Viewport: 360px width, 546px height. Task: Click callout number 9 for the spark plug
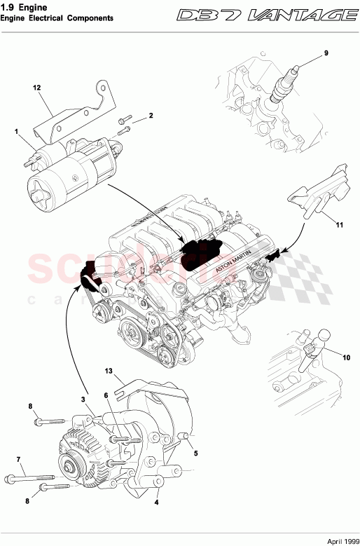(325, 52)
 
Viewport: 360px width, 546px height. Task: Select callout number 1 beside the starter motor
(15, 131)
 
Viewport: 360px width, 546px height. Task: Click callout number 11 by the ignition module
(338, 225)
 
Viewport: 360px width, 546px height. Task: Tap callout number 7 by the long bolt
(18, 459)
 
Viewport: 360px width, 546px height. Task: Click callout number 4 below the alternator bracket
(155, 501)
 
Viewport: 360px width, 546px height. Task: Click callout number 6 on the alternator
(106, 395)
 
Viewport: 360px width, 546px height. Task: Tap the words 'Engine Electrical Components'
(57, 19)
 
